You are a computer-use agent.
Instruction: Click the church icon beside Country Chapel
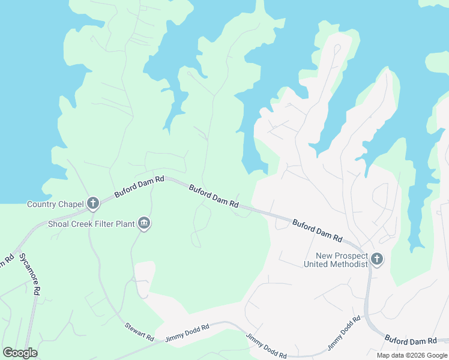tap(92, 203)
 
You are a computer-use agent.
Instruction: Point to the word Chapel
tap(72, 205)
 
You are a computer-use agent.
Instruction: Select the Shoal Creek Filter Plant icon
tap(144, 224)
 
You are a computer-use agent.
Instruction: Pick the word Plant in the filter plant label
tap(124, 225)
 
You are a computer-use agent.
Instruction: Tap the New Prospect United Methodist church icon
tap(376, 259)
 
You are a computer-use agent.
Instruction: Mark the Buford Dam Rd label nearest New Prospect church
tap(317, 230)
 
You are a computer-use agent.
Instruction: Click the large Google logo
tap(20, 353)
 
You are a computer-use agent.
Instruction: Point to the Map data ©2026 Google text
tap(412, 355)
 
